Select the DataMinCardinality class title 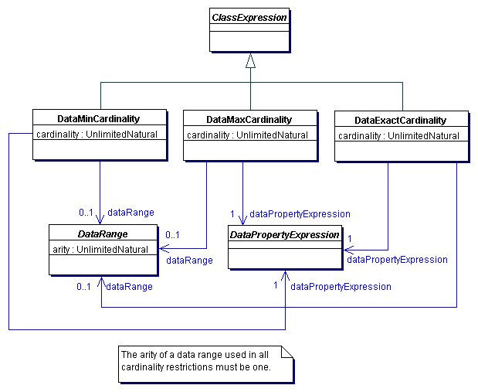pos(99,119)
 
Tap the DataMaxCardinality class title pos(249,120)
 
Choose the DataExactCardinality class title pos(400,121)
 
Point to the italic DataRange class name pos(103,233)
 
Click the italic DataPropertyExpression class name pos(283,234)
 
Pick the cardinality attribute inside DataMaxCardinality pos(248,135)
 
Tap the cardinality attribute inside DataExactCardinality pos(399,136)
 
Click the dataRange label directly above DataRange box pos(131,212)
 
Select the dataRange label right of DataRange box pos(189,261)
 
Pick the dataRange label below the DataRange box pos(128,286)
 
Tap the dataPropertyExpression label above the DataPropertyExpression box pos(300,213)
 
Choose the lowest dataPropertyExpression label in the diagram pos(341,286)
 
